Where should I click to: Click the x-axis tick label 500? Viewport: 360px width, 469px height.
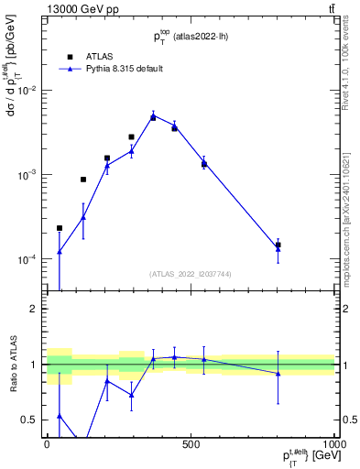pyautogui.click(x=191, y=444)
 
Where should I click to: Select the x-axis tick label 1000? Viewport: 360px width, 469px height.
pyautogui.click(x=334, y=444)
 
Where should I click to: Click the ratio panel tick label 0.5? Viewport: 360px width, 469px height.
pyautogui.click(x=29, y=420)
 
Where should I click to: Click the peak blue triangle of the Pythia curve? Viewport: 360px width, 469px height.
pyautogui.click(x=153, y=115)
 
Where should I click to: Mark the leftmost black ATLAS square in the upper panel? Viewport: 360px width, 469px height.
pyautogui.click(x=60, y=228)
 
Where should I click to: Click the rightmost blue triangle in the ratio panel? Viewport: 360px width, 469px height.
pyautogui.click(x=278, y=373)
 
